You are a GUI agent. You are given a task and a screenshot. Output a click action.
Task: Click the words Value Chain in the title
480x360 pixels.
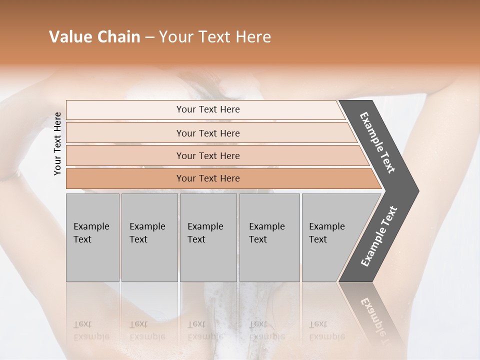coord(94,37)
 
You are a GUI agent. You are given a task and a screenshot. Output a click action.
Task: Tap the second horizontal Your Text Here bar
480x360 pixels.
coord(208,133)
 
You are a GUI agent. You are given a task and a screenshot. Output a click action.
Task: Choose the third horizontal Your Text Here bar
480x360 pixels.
coord(208,155)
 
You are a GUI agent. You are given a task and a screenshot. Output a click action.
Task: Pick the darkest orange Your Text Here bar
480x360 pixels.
coord(208,178)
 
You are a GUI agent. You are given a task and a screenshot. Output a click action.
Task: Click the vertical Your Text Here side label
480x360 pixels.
coord(57,143)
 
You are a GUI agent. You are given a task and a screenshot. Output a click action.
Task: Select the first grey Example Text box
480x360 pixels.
coord(92,237)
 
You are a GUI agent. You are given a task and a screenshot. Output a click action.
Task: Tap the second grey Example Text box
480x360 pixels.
coord(149,237)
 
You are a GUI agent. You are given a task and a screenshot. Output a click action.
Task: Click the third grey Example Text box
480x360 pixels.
coord(208,237)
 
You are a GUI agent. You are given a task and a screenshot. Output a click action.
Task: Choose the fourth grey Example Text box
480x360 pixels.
coord(269,237)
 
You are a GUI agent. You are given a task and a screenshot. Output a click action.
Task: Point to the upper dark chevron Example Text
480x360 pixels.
coord(377,142)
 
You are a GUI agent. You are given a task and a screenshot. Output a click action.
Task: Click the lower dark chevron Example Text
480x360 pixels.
coord(379,236)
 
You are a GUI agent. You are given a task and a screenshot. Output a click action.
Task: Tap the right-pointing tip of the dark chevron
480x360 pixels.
coord(416,191)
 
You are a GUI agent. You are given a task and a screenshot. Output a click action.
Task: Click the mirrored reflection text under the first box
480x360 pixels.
coord(91,330)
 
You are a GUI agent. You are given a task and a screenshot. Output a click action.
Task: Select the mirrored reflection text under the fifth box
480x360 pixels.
coord(326,330)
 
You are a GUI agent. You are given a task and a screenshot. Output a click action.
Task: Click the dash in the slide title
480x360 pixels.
coord(149,37)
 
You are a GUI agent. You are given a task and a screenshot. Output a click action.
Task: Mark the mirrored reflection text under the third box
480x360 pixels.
coord(205,330)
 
